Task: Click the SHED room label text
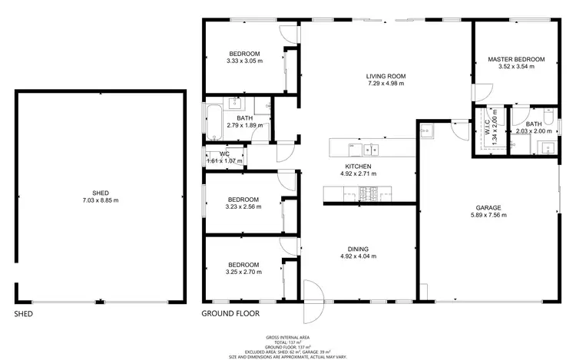(101, 192)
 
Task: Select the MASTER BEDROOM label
(516, 59)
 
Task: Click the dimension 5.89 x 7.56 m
(488, 216)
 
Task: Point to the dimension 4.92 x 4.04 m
(358, 257)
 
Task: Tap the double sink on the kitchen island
(372, 147)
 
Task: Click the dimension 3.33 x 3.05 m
(244, 61)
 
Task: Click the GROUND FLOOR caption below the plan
(230, 314)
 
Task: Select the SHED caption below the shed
(24, 314)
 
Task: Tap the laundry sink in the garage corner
(428, 129)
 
